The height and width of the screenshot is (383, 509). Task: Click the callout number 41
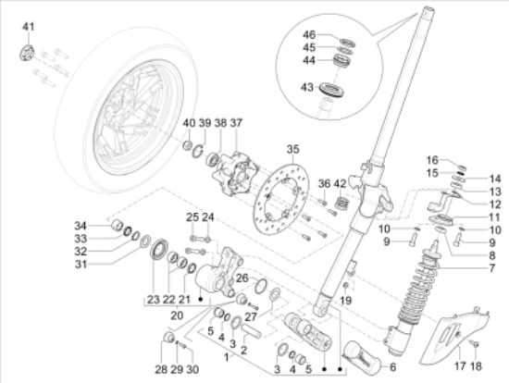[x=27, y=24]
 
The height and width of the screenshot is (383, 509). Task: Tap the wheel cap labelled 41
[x=27, y=52]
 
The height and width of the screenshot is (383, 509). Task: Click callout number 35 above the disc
[x=293, y=149]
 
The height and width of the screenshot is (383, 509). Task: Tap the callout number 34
[x=81, y=226]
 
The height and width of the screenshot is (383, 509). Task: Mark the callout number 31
[x=81, y=264]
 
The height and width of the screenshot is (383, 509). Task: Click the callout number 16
[x=431, y=159]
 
